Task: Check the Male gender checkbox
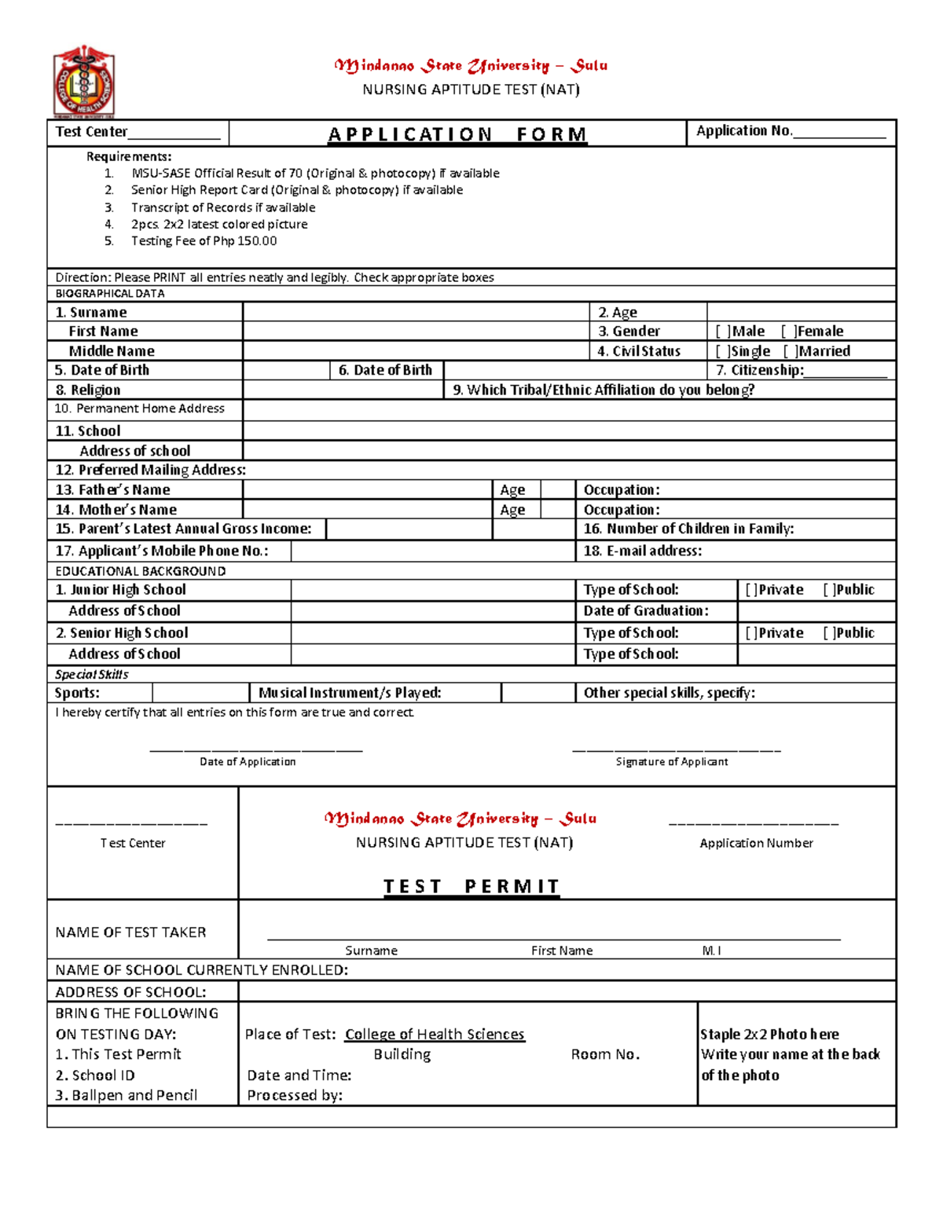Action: click(x=723, y=332)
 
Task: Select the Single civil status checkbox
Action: click(x=723, y=351)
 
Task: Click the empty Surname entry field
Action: click(x=415, y=312)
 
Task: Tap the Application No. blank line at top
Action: click(x=839, y=134)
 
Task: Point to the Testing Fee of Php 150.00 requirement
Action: click(x=204, y=241)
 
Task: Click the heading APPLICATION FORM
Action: click(x=457, y=134)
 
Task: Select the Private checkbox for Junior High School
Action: click(x=751, y=590)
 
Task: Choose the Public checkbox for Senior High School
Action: click(x=830, y=633)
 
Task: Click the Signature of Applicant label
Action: click(x=671, y=761)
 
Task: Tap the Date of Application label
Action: click(x=248, y=761)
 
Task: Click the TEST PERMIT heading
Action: click(x=472, y=886)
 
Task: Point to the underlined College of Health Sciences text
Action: click(x=435, y=1034)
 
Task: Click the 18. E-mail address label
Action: click(x=642, y=551)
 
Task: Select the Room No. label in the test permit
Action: click(x=605, y=1054)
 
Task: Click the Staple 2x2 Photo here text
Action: click(x=769, y=1034)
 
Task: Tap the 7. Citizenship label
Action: click(x=759, y=370)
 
